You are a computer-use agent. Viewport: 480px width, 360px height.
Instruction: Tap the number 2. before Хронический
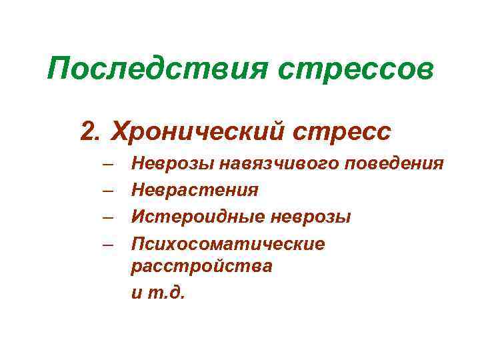(x=93, y=131)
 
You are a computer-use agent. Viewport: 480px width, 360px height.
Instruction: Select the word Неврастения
(x=195, y=190)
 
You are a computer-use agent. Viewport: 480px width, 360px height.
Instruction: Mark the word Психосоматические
(x=228, y=244)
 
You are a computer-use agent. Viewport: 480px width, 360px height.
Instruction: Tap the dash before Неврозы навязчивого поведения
(x=108, y=163)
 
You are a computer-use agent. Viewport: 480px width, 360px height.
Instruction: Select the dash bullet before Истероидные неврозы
(x=108, y=217)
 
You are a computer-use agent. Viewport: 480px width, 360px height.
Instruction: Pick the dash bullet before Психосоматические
(x=108, y=245)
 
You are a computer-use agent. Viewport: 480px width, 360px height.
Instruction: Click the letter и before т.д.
(x=137, y=293)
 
